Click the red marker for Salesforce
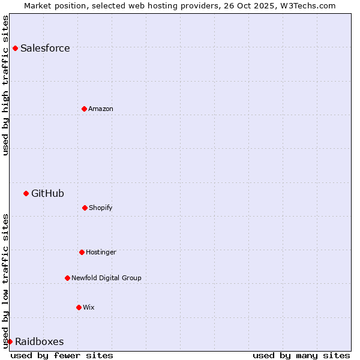point(15,48)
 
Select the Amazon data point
point(84,109)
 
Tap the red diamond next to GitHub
point(26,193)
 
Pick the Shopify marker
point(85,208)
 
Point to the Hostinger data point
point(82,252)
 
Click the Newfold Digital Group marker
point(67,278)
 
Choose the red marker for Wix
point(79,307)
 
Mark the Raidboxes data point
point(10,341)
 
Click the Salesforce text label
point(45,49)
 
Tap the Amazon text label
point(101,109)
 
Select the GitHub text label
point(47,193)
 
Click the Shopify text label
point(101,208)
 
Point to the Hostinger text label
point(101,252)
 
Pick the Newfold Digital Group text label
point(106,278)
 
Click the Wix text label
point(89,307)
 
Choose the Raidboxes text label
point(39,342)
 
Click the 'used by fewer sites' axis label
point(62,355)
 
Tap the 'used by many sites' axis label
point(301,355)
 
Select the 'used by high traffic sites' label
point(5,85)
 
